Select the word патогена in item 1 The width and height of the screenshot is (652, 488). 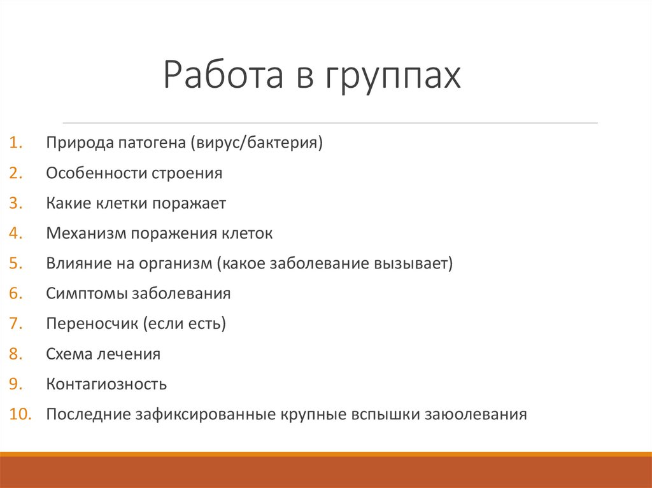coord(151,143)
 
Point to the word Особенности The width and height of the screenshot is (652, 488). coord(96,173)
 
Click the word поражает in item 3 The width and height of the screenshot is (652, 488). coord(190,203)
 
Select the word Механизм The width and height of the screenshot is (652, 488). coord(86,234)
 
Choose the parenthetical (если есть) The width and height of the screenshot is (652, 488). coord(185,324)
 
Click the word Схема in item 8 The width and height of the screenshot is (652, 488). coord(68,354)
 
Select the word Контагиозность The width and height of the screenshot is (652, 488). coord(106,384)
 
